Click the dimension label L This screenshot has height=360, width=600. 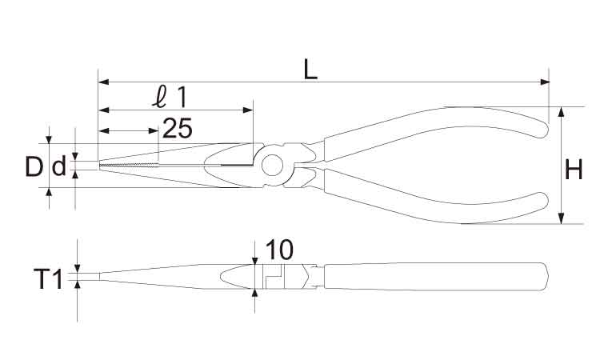310,70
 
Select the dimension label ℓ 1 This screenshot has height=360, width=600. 169,97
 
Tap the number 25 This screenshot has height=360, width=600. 178,128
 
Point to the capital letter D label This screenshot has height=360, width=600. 34,167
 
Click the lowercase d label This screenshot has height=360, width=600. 59,166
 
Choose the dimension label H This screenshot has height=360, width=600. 574,170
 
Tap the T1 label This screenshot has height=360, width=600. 48,279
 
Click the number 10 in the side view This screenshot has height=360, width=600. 279,250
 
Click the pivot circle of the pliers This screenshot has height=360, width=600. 273,166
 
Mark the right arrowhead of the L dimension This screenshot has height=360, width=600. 544,82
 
